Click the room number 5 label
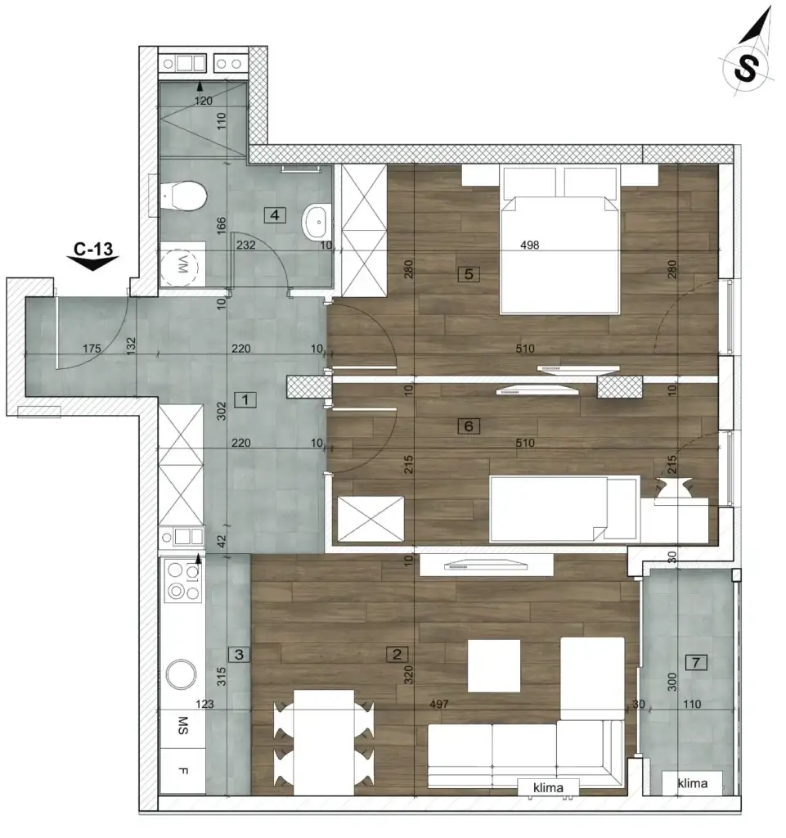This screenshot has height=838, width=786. click(468, 274)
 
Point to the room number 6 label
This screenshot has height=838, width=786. click(468, 426)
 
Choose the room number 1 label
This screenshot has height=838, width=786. click(244, 399)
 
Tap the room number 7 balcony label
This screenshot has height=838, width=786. click(696, 663)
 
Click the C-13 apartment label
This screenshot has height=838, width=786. click(92, 246)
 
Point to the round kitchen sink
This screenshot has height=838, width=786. click(181, 674)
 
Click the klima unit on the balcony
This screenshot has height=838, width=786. click(692, 783)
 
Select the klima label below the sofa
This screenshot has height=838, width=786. click(549, 788)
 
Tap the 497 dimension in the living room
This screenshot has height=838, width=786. click(439, 704)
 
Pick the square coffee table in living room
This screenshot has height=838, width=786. click(494, 665)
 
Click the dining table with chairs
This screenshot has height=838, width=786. click(324, 741)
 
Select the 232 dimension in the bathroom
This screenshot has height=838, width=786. click(246, 244)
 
